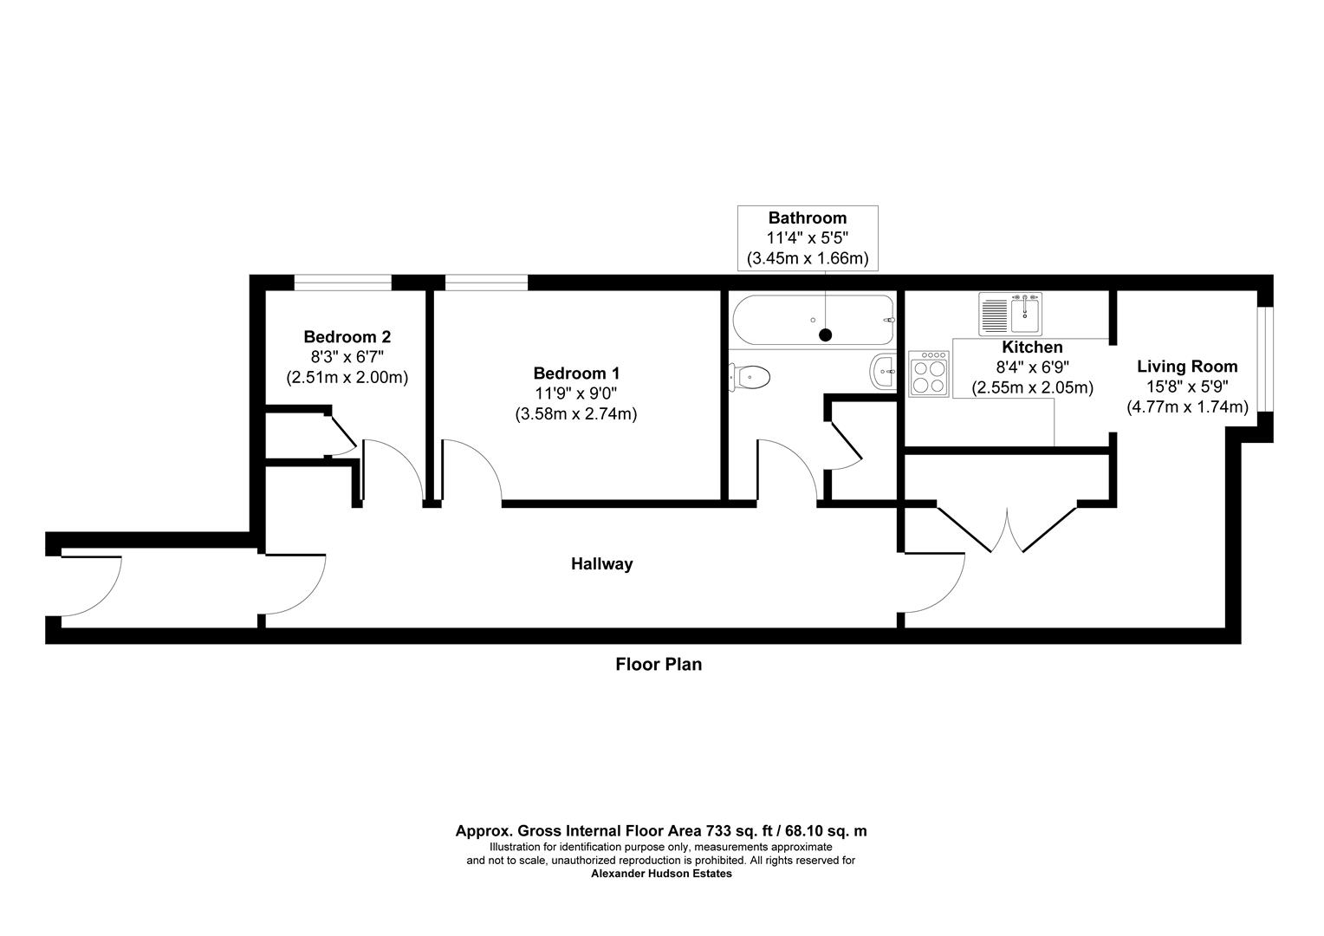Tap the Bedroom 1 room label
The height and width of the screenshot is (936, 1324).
576,374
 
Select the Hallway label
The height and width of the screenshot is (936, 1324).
601,564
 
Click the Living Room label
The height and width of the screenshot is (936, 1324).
1187,367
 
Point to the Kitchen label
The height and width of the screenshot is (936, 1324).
1032,348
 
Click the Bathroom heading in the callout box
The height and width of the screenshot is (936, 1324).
807,218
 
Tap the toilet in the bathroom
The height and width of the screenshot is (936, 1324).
751,376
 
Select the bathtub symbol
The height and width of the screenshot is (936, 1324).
813,321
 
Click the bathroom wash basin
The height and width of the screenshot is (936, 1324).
883,373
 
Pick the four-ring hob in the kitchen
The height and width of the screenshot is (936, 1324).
929,374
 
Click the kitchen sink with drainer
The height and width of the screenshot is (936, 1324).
1012,313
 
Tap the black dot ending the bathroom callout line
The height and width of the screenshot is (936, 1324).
825,335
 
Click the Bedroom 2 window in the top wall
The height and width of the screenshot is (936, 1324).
342,283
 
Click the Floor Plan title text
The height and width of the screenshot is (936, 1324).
659,665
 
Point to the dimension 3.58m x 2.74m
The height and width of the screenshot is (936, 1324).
576,414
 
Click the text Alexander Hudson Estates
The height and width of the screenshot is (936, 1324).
661,874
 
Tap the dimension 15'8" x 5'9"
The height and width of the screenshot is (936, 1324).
1187,387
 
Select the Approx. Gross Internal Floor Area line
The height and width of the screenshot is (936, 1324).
661,830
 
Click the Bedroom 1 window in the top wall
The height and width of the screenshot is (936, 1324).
486,283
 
